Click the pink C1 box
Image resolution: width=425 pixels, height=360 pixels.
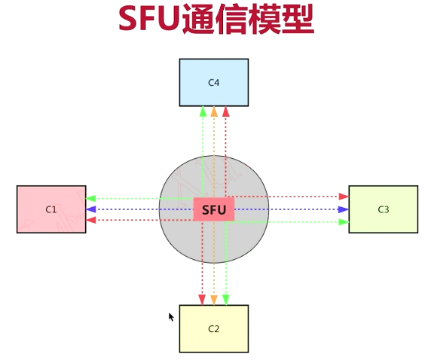click(51, 209)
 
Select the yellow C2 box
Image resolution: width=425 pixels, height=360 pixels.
click(213, 328)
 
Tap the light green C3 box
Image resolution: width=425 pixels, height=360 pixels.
click(383, 209)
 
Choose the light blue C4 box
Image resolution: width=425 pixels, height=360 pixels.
click(213, 82)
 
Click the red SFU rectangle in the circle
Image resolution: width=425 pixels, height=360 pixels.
click(214, 209)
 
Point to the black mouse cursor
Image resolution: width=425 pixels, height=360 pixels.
click(171, 317)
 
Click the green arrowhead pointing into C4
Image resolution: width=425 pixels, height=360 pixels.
click(203, 112)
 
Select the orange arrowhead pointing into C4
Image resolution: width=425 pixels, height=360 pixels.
click(214, 112)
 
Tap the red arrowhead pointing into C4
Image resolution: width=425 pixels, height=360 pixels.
click(225, 112)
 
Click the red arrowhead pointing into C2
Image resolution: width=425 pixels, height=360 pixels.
click(202, 300)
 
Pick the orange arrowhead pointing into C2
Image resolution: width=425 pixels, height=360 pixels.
click(214, 300)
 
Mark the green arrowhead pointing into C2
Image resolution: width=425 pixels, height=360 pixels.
click(225, 300)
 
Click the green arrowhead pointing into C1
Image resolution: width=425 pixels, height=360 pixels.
click(91, 199)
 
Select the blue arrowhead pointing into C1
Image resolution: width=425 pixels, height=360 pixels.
click(91, 209)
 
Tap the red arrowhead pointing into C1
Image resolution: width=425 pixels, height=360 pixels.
click(91, 220)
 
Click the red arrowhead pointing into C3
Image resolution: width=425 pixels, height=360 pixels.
click(343, 197)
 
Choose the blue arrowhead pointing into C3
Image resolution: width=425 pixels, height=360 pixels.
click(343, 209)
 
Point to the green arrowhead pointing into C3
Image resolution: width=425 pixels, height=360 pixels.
click(343, 222)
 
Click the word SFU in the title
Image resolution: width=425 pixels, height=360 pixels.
click(148, 20)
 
